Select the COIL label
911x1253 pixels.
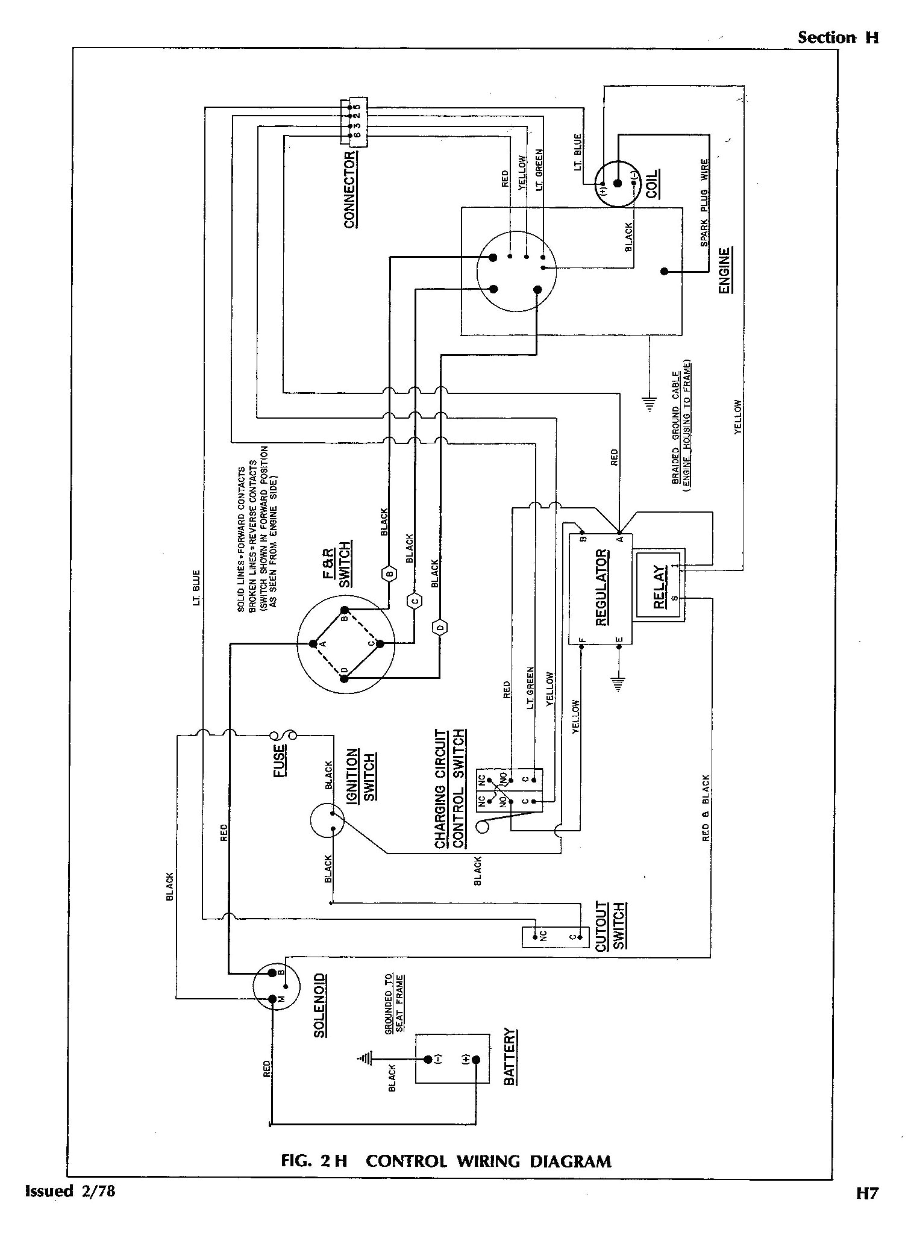pos(652,184)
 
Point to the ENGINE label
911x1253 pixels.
pos(725,270)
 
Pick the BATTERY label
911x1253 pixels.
pos(510,1057)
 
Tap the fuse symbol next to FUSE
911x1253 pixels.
pos(282,735)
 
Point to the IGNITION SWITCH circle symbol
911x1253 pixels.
pos(326,820)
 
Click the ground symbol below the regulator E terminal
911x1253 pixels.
pos(618,683)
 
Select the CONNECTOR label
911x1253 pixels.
pos(350,190)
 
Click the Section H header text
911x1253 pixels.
pos(838,37)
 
